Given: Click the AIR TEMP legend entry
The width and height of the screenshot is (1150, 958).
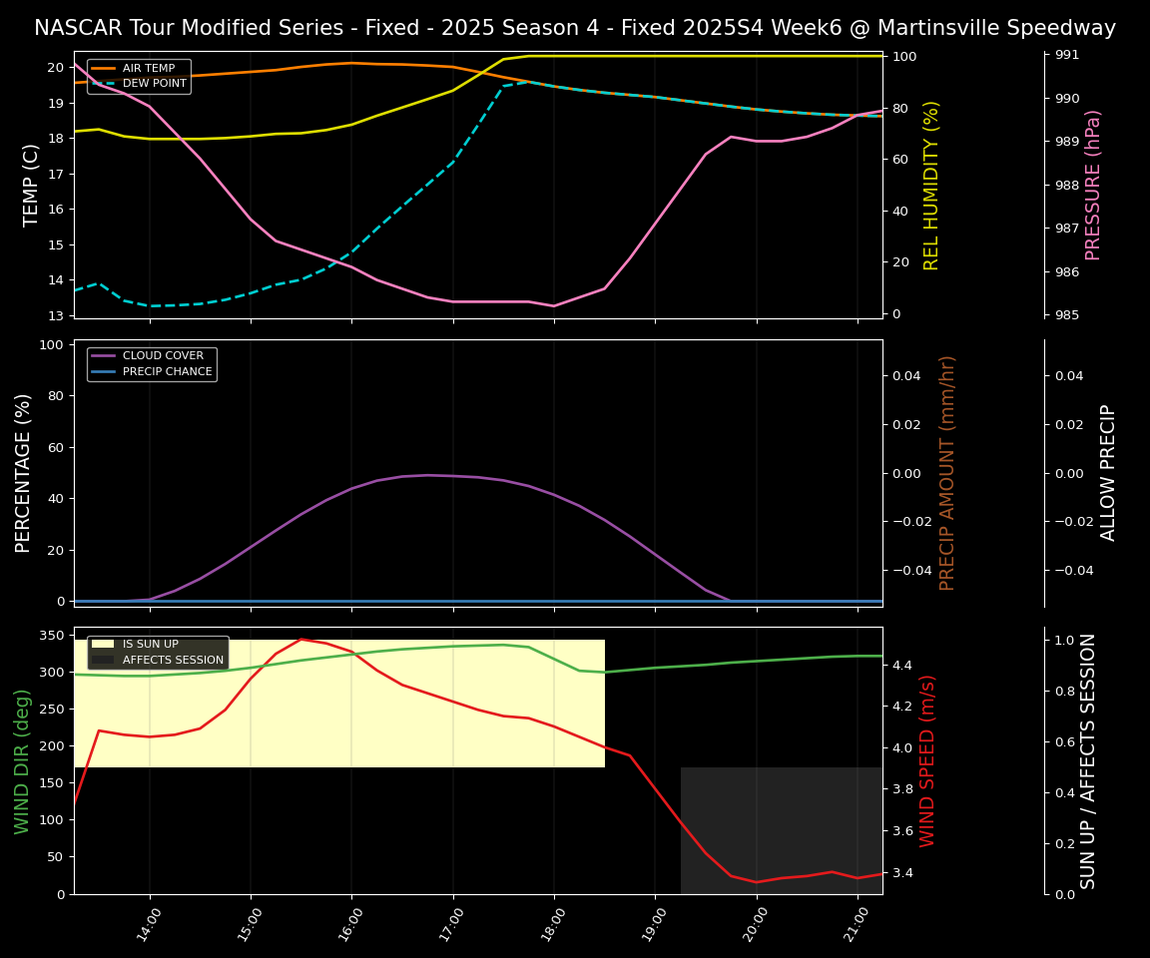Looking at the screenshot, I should click(148, 69).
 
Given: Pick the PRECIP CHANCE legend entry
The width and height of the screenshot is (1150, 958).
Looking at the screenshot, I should click(168, 372).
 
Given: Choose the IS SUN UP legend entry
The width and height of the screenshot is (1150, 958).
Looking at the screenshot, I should click(150, 645).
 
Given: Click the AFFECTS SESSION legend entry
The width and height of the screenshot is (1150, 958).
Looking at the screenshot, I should click(173, 660).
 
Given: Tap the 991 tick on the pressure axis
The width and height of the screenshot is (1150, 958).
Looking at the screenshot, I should click(1067, 55).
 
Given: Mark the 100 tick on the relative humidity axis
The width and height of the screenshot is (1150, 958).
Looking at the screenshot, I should click(904, 57).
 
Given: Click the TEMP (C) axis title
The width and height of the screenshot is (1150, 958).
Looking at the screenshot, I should click(32, 185).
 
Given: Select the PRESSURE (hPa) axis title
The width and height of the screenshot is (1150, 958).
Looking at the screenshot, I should click(1094, 185).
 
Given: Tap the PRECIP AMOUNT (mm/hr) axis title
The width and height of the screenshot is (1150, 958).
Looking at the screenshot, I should click(948, 473).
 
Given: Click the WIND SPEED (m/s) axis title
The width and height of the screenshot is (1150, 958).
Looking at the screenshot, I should click(928, 760).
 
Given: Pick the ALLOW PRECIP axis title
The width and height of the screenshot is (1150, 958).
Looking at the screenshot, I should click(1109, 473).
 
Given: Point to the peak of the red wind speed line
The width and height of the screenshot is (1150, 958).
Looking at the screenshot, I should click(300, 639).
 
